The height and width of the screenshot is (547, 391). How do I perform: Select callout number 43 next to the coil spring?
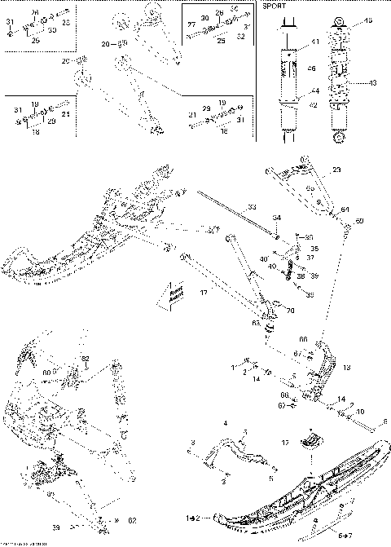[373, 83]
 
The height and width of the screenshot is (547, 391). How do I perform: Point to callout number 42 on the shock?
[314, 104]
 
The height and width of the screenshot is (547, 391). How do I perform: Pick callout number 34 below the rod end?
[276, 218]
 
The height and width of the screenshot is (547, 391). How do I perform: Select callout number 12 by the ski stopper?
[284, 442]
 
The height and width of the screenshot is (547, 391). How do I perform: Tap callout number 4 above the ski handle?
[225, 423]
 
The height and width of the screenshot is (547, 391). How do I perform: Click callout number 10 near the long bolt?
[360, 412]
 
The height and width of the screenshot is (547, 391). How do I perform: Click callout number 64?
[345, 210]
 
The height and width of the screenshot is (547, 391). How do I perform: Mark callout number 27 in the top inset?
[192, 25]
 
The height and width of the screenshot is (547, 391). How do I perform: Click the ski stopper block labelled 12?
[310, 440]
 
